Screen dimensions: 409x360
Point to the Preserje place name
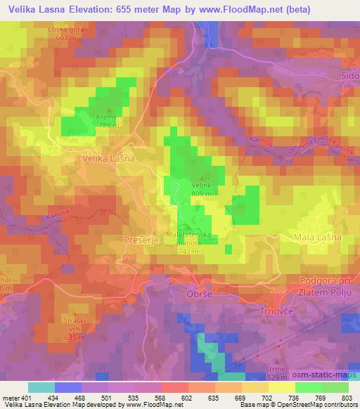(x=144, y=239)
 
